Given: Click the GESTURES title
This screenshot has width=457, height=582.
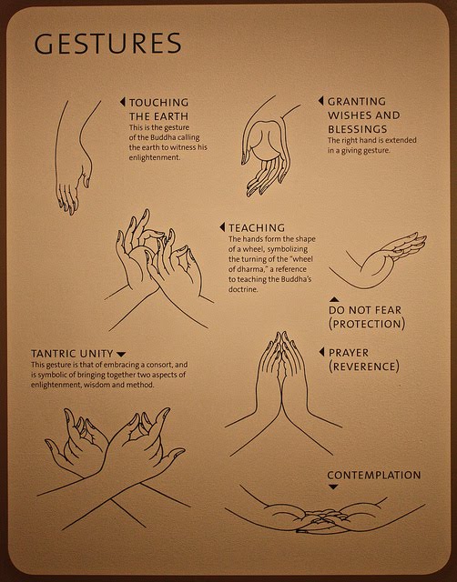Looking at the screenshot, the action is pyautogui.click(x=107, y=43).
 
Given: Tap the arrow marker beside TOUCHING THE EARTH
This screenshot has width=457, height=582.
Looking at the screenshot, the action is pyautogui.click(x=122, y=102).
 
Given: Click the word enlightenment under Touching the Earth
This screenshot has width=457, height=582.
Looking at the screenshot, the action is pyautogui.click(x=155, y=157).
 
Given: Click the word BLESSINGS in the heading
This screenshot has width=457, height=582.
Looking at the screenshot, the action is pyautogui.click(x=358, y=129).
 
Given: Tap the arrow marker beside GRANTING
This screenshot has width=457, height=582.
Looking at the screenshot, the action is pyautogui.click(x=320, y=101).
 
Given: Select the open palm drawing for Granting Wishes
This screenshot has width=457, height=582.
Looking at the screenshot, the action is pyautogui.click(x=268, y=148).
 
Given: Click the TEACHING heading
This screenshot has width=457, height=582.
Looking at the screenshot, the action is pyautogui.click(x=257, y=227).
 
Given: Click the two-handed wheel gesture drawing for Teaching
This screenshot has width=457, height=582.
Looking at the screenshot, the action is pyautogui.click(x=159, y=269).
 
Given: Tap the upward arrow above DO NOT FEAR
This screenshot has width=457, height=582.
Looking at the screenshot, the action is pyautogui.click(x=334, y=299).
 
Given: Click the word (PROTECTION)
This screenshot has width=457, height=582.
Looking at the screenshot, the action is pyautogui.click(x=367, y=324).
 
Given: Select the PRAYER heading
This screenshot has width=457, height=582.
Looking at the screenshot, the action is pyautogui.click(x=349, y=353).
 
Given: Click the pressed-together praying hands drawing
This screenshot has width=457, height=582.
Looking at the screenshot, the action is pyautogui.click(x=282, y=394).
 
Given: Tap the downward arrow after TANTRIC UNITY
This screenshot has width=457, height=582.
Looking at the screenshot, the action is pyautogui.click(x=121, y=354).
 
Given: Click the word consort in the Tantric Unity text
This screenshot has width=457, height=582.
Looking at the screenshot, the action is pyautogui.click(x=157, y=365).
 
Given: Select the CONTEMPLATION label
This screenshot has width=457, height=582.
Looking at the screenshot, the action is pyautogui.click(x=374, y=475).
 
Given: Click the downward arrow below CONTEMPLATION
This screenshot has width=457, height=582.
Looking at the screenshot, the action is pyautogui.click(x=333, y=487).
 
